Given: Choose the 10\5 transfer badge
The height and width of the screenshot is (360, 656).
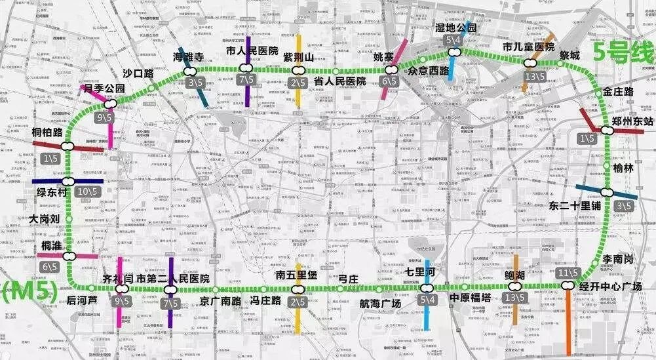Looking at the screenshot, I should pyautogui.click(x=86, y=191).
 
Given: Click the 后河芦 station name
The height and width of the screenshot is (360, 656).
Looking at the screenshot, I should pyautogui.click(x=82, y=300).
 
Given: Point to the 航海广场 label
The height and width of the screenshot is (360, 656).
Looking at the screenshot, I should pyautogui.click(x=380, y=303).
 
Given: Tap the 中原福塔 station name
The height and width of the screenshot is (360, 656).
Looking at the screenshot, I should pyautogui.click(x=469, y=298).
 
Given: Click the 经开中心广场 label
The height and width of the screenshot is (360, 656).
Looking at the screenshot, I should pyautogui.click(x=610, y=287).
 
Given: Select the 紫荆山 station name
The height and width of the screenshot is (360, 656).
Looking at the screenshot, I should pyautogui.click(x=298, y=58).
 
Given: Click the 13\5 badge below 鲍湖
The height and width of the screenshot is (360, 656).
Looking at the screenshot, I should pyautogui.click(x=516, y=298).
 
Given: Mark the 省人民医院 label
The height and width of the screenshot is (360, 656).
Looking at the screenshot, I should pyautogui.click(x=339, y=81).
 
